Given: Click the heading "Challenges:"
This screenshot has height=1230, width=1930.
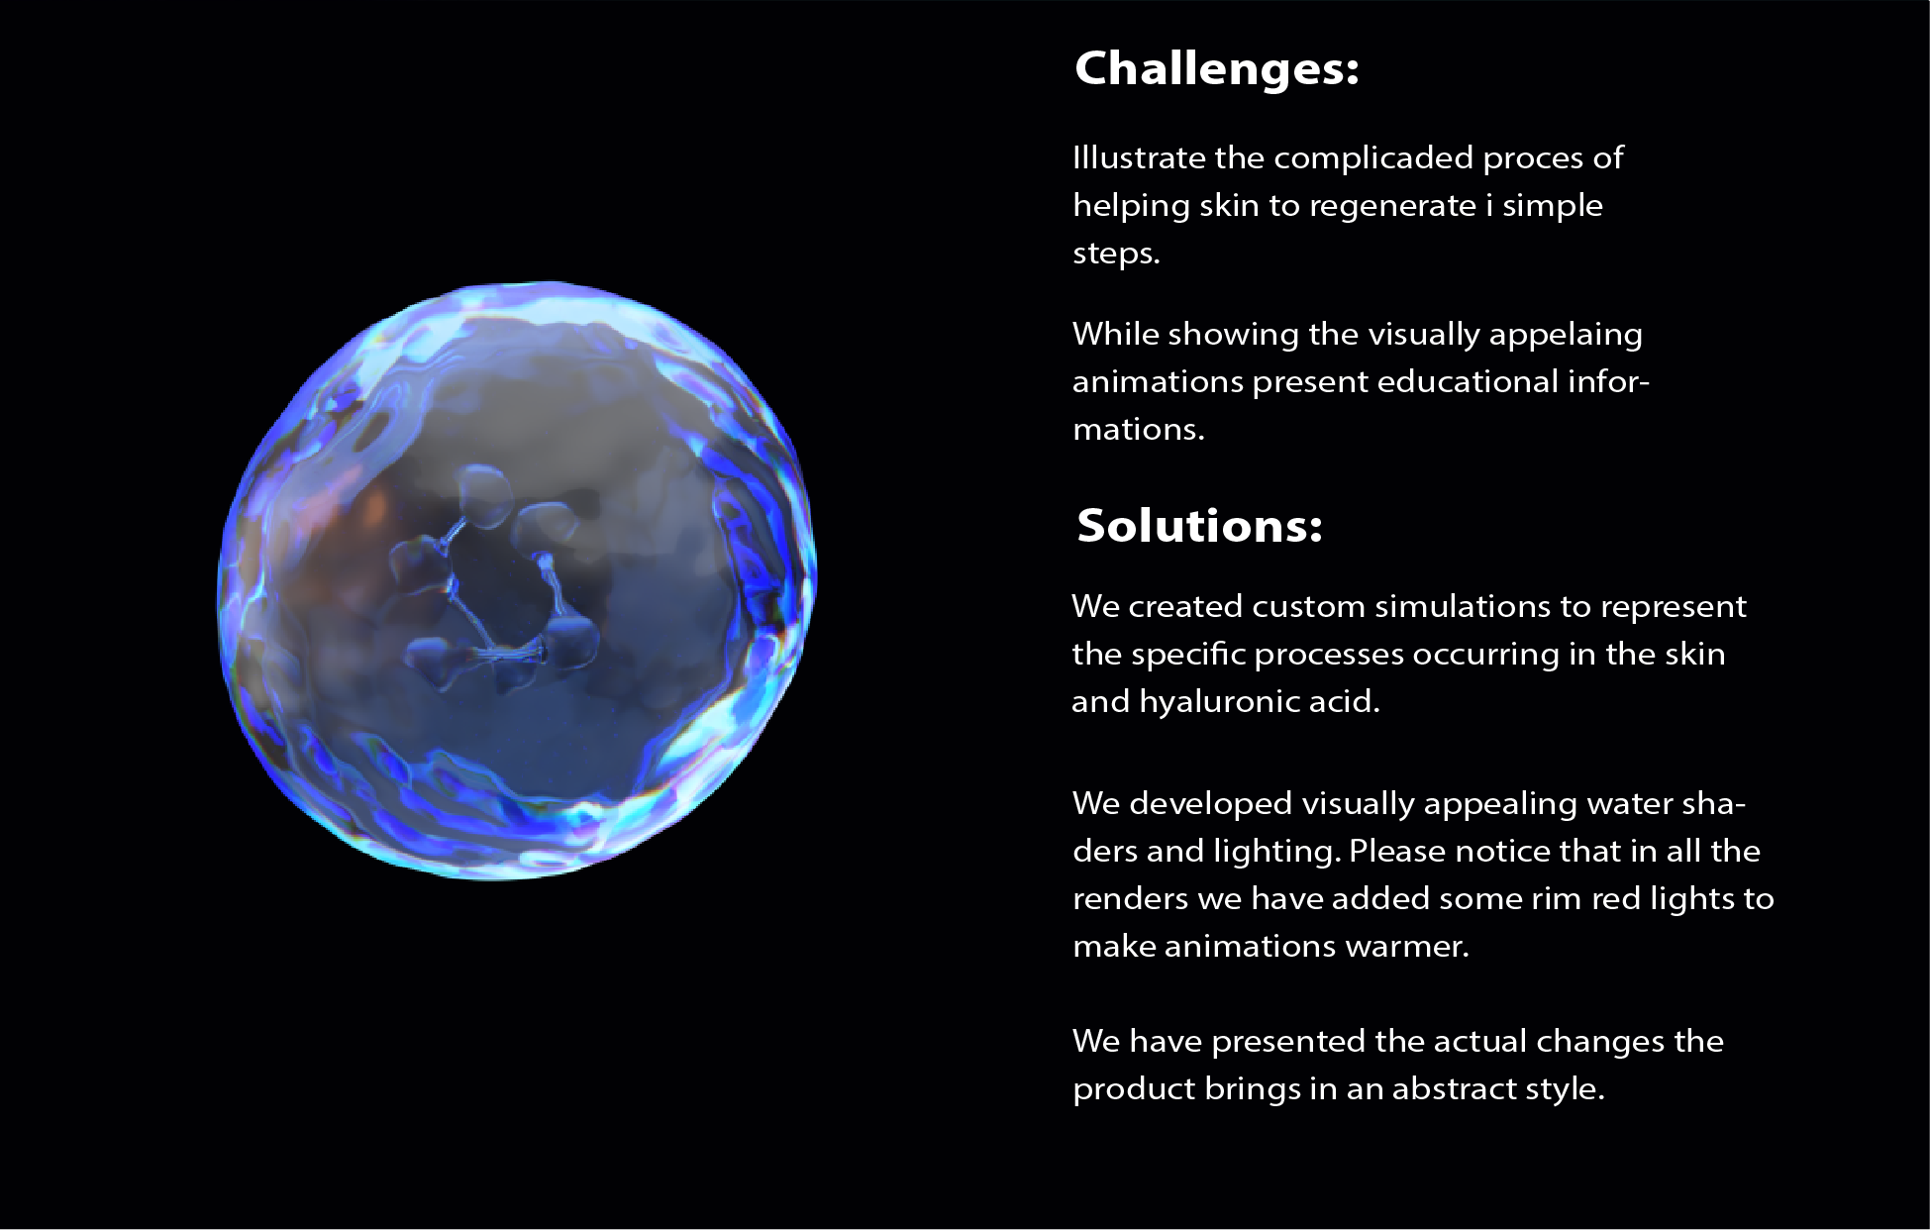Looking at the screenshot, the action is point(1216,69).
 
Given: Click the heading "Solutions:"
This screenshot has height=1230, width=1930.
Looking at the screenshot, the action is point(1199,525).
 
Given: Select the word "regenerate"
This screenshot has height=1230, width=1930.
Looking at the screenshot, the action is point(1392,206).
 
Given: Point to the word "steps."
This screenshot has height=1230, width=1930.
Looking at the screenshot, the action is point(1116,254).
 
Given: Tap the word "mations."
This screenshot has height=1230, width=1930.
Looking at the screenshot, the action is point(1138,429).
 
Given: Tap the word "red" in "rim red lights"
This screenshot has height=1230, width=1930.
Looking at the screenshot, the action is point(1614,898).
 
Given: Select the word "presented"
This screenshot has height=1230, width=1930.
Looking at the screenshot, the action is point(1288,1042).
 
